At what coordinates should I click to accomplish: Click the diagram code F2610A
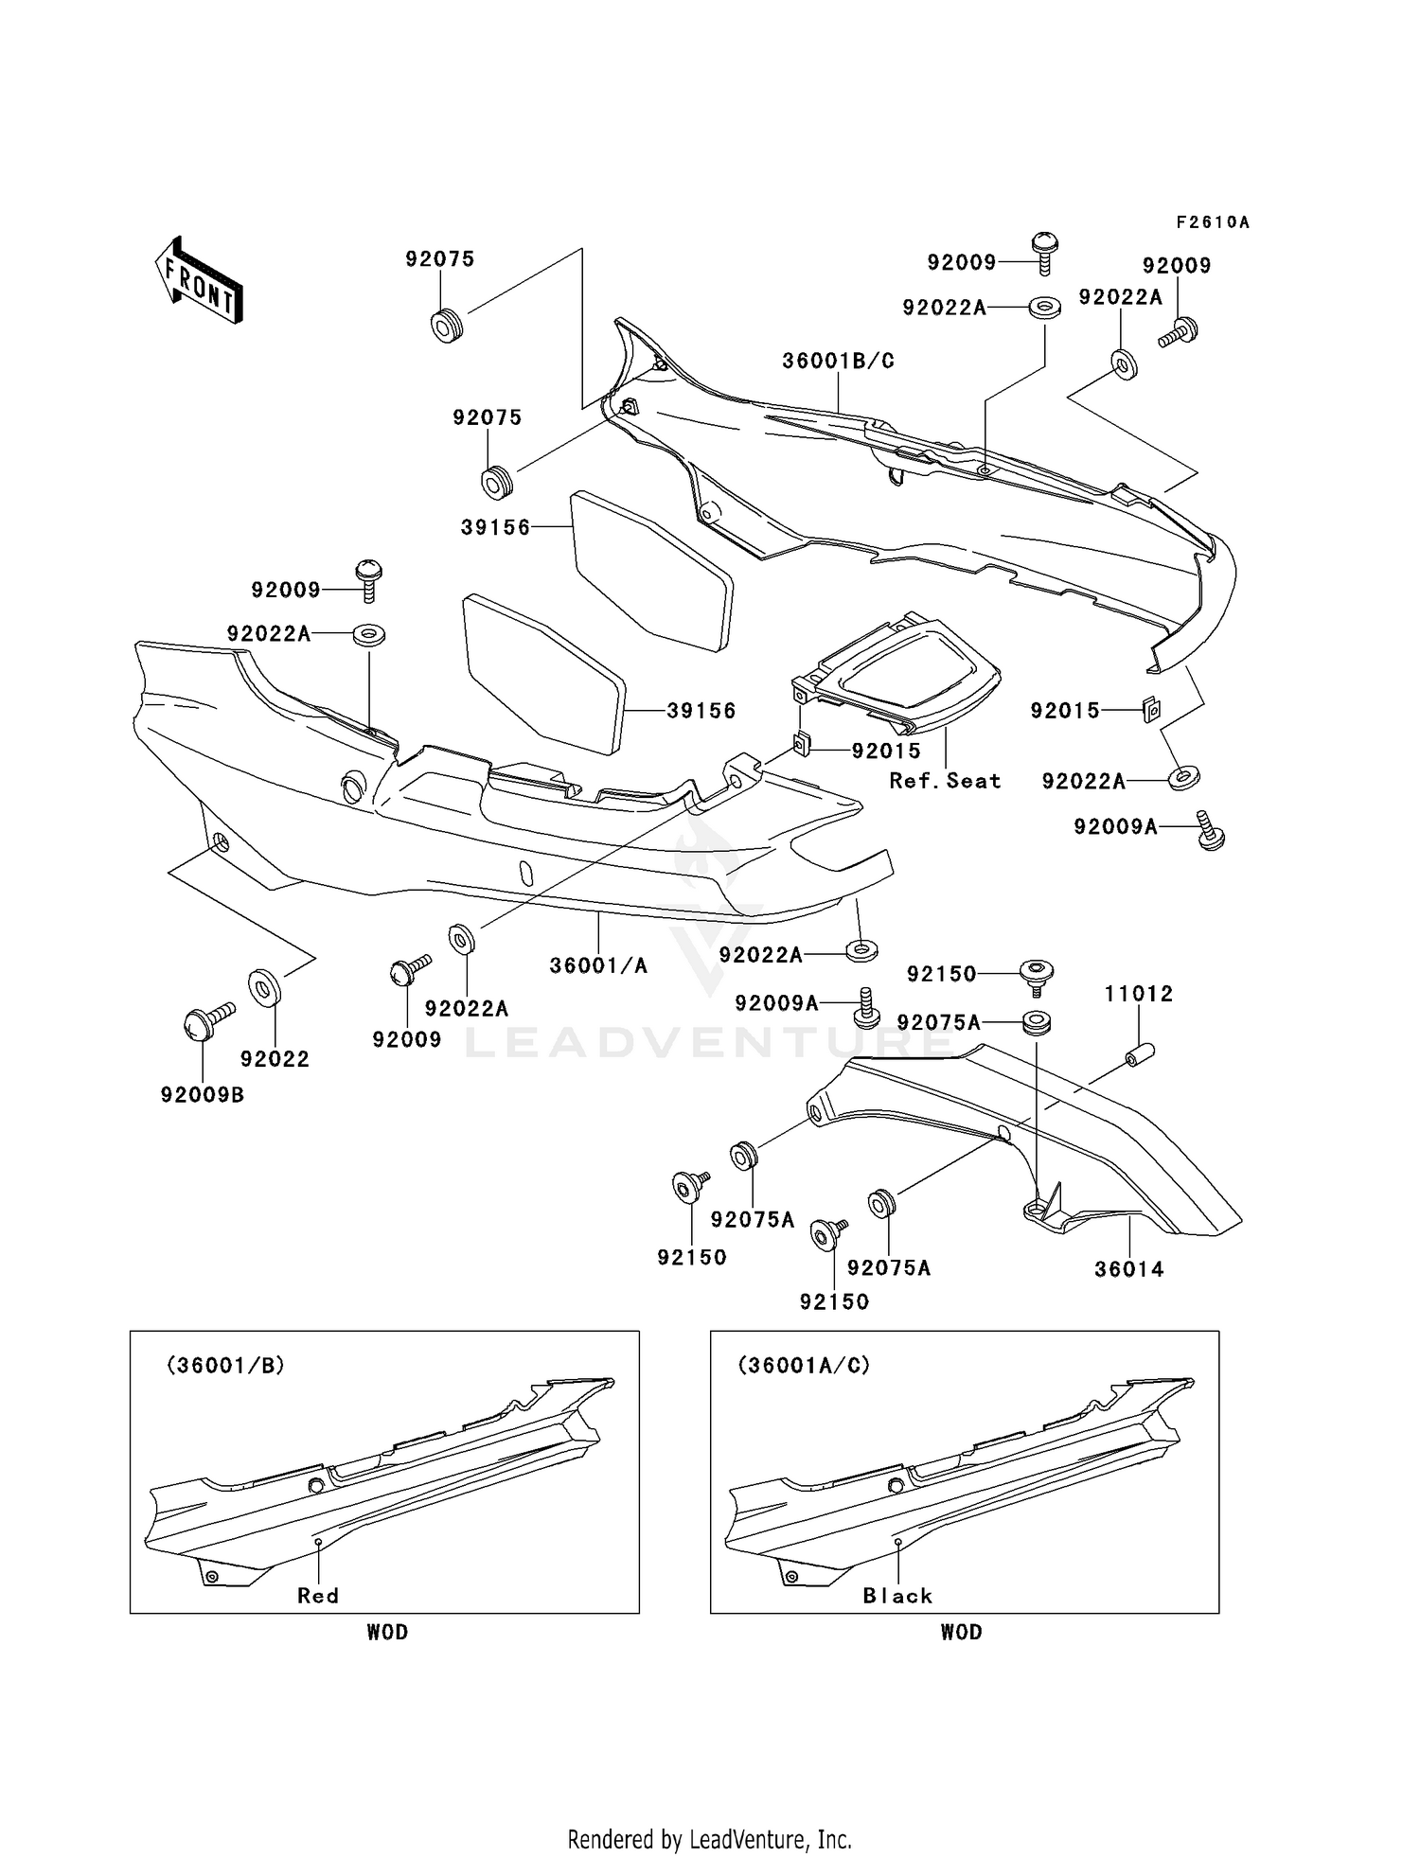(x=1213, y=222)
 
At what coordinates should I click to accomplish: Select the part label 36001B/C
(x=838, y=361)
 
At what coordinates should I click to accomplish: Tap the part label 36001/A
(x=598, y=965)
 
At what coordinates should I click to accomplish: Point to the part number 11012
(x=1138, y=994)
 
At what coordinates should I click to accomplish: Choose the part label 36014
(x=1129, y=1269)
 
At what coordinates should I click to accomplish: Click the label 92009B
(x=203, y=1095)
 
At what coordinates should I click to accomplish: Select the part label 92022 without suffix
(x=275, y=1059)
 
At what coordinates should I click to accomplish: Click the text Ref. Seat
(x=945, y=781)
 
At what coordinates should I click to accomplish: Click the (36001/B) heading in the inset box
(x=225, y=1365)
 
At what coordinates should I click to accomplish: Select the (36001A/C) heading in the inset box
(x=804, y=1365)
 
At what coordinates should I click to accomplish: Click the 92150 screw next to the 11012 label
(x=1038, y=975)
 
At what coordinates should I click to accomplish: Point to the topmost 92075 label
(x=440, y=259)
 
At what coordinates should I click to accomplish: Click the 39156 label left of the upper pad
(x=496, y=527)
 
